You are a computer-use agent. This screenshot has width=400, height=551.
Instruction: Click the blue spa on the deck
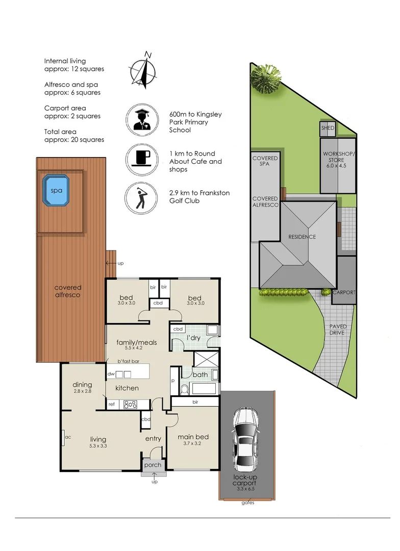click(x=56, y=190)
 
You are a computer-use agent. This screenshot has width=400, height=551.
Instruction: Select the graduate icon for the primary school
click(x=142, y=120)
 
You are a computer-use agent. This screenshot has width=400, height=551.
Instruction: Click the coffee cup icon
click(x=142, y=160)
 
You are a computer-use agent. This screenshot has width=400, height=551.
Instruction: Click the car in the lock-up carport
click(x=246, y=440)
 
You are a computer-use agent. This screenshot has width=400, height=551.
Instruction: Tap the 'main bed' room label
click(x=193, y=437)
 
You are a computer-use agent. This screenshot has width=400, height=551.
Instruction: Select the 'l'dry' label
click(x=193, y=338)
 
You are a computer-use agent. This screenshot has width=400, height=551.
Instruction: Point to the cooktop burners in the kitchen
click(x=130, y=405)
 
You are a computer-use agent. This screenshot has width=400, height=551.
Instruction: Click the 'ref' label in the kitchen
click(x=111, y=405)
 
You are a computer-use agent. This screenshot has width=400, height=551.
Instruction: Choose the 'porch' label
click(x=153, y=465)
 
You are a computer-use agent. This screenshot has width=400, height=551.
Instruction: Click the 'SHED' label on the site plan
click(x=328, y=128)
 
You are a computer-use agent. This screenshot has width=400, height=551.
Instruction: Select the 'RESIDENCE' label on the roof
click(x=302, y=237)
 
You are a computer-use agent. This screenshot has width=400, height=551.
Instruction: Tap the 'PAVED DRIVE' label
click(x=337, y=330)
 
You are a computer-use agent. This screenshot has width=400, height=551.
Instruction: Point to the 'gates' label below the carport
click(x=248, y=503)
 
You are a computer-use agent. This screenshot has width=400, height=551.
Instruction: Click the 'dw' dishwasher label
click(x=111, y=374)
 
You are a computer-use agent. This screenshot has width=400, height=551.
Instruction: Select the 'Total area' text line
click(x=60, y=132)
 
